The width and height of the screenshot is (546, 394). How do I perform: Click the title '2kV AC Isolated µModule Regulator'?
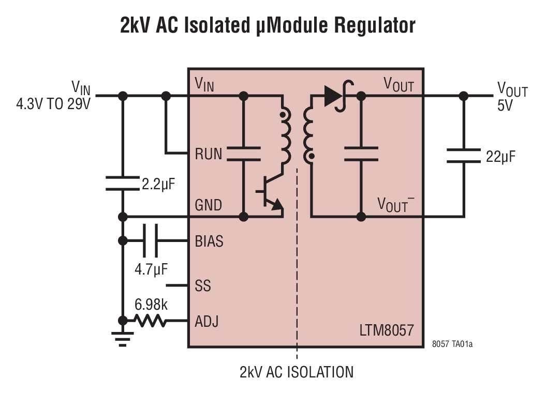[x=268, y=25]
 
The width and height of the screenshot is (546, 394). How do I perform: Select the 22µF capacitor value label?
[x=500, y=156]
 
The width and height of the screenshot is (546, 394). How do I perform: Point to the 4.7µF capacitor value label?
[x=152, y=269]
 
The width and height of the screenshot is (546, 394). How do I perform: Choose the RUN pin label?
[x=208, y=154]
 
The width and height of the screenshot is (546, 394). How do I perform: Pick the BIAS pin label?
[x=209, y=241]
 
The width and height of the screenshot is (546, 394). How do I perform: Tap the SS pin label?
[x=203, y=285]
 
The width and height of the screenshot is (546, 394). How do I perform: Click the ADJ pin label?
[x=206, y=321]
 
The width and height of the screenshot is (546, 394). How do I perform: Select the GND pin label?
[x=208, y=205]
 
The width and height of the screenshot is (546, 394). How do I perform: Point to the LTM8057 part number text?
[x=386, y=330]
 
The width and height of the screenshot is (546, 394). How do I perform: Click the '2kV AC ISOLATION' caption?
[x=297, y=372]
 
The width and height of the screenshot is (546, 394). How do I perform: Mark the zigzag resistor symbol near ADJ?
[x=150, y=321]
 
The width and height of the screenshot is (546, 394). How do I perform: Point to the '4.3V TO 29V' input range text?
[x=53, y=103]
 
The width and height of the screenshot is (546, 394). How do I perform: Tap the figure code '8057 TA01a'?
[x=452, y=343]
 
